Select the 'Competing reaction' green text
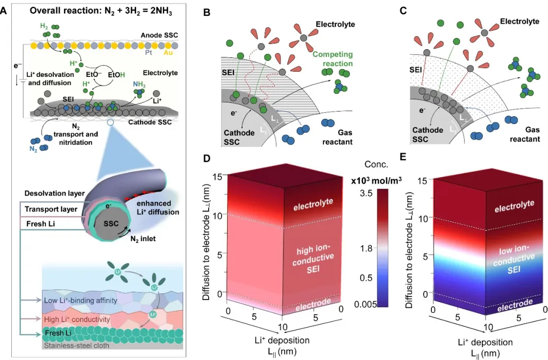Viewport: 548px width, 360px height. tap(333, 59)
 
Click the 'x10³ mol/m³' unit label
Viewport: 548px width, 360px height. tap(378, 181)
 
